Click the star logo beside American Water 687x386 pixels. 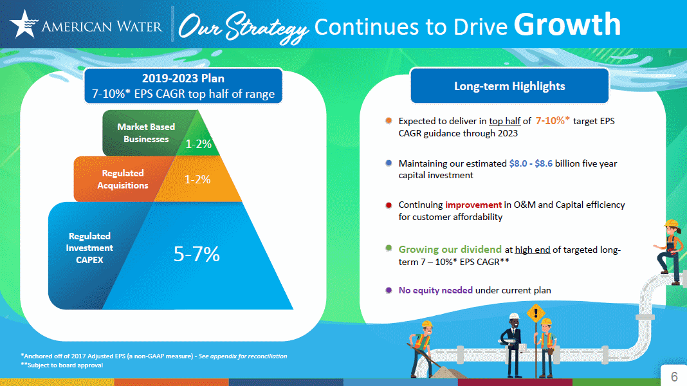[x=24, y=24]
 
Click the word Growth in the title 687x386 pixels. [x=567, y=24]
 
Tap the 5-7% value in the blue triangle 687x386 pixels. [x=197, y=255]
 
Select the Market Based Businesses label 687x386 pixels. [x=146, y=133]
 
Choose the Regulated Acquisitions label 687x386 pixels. [x=122, y=179]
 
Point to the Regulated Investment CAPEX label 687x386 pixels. [x=89, y=248]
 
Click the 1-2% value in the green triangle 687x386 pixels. [x=199, y=144]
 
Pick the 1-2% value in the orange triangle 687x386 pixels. [x=198, y=179]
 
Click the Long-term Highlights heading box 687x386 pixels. [x=509, y=86]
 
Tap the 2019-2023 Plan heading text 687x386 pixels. [x=183, y=79]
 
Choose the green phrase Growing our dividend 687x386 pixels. [x=450, y=250]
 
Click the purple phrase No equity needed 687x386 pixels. [x=435, y=290]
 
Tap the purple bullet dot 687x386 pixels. [x=388, y=290]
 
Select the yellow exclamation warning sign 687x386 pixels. [x=535, y=315]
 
